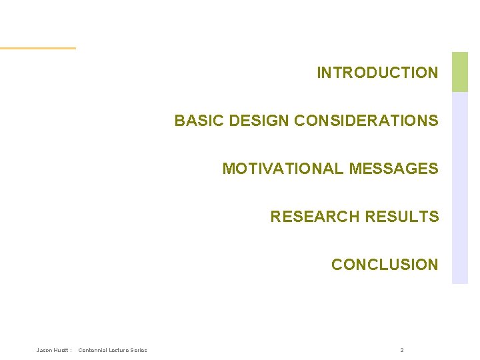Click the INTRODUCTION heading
(377, 73)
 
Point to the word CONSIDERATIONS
(366, 121)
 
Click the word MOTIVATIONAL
(283, 169)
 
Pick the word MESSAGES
(393, 169)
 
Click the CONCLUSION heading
(385, 265)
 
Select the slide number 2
(402, 350)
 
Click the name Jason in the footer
(44, 350)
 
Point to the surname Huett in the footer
(61, 350)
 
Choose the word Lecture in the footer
(121, 350)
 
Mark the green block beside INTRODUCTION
(460, 72)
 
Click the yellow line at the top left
(38, 48)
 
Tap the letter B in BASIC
(179, 121)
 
